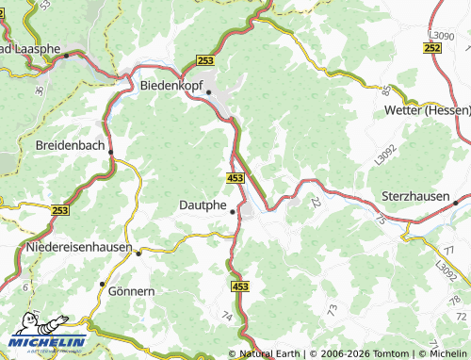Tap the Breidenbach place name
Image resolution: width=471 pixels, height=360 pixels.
[71, 145]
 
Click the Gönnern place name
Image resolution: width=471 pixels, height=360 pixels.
[131, 291]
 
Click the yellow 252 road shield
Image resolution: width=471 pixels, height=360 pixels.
[432, 47]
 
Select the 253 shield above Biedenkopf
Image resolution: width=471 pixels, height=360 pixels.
[205, 59]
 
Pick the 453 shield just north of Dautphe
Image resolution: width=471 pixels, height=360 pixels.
[236, 177]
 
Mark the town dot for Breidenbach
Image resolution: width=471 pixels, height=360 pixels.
[111, 151]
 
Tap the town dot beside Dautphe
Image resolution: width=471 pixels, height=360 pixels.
[233, 211]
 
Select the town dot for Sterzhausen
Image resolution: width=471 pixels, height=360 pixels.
[455, 202]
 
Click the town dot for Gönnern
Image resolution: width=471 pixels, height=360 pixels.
[102, 284]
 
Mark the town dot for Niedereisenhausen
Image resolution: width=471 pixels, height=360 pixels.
[138, 253]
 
